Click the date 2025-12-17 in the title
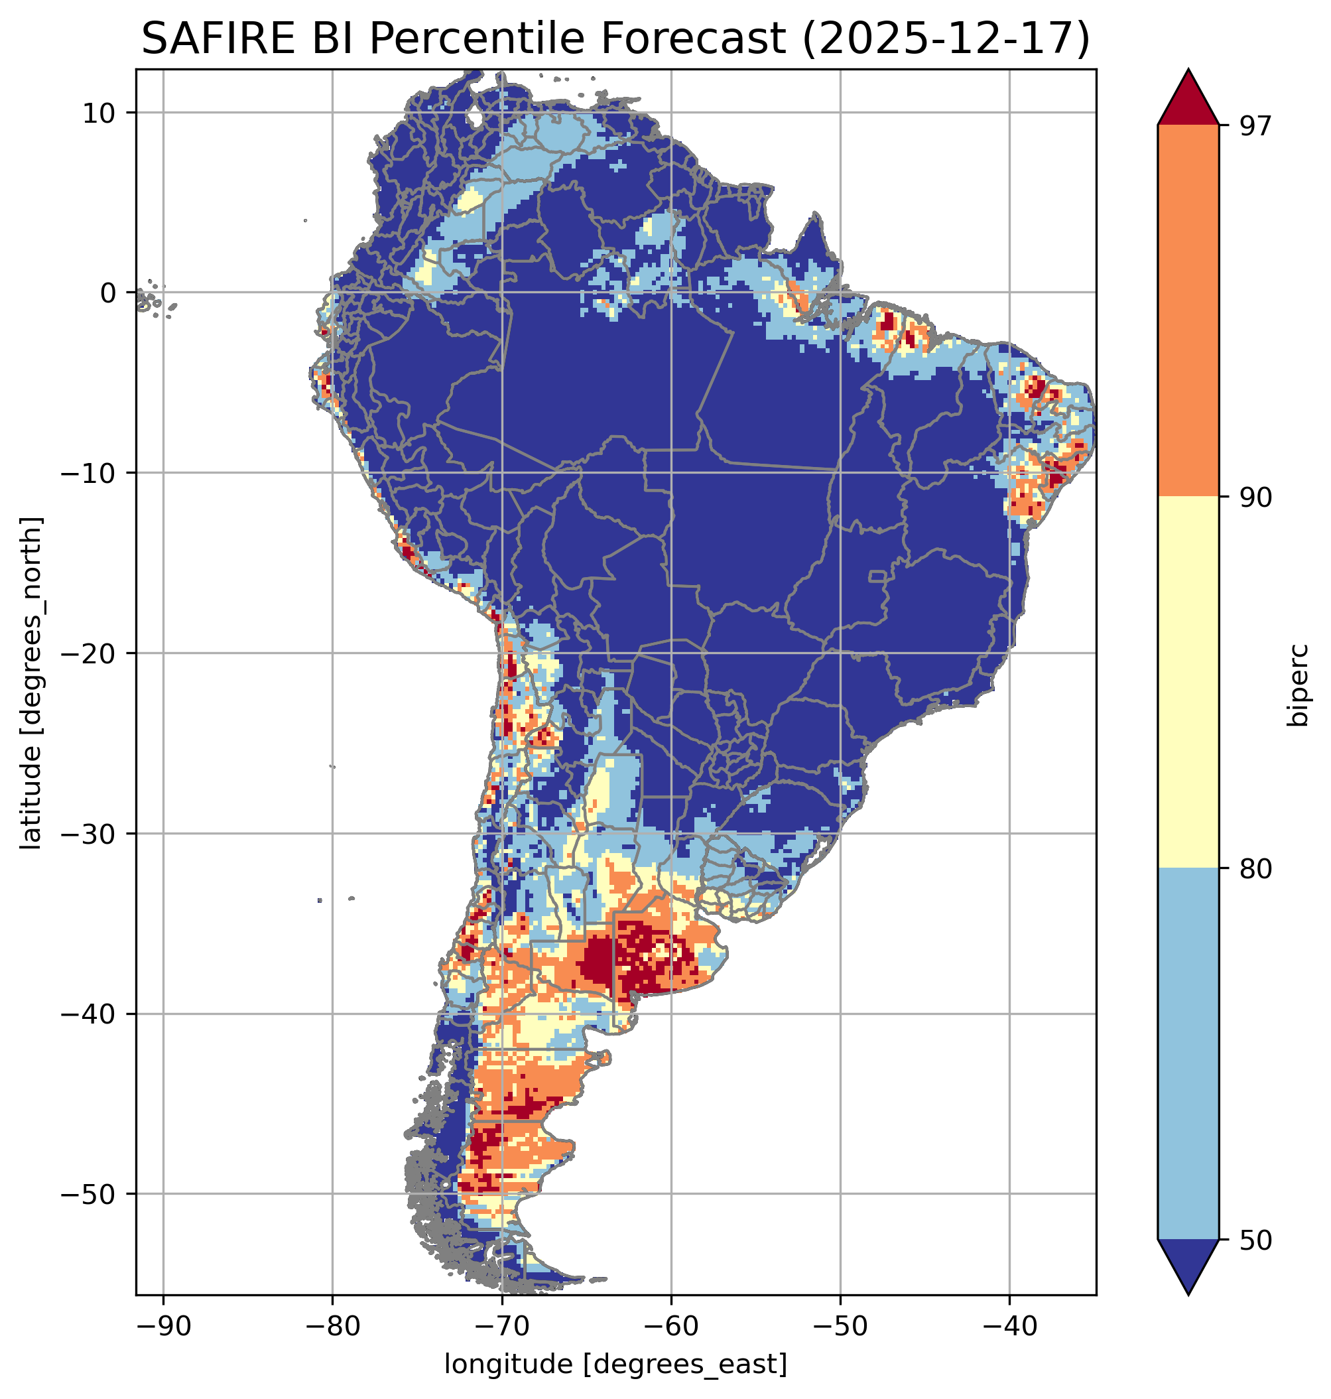point(944,39)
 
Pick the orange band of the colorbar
point(1188,311)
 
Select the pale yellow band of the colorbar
point(1188,681)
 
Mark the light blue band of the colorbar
point(1188,1054)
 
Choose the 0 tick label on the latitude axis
point(108,293)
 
